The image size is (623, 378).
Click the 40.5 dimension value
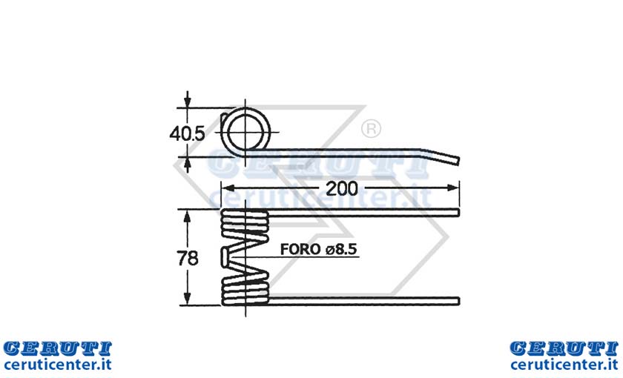[187, 133]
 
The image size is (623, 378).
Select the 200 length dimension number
[342, 188]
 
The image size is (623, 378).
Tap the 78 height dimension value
[187, 259]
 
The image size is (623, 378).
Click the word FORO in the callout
[300, 249]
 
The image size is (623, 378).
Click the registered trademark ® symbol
[371, 129]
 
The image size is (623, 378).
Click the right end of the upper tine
[458, 213]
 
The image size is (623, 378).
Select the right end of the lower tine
[458, 301]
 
